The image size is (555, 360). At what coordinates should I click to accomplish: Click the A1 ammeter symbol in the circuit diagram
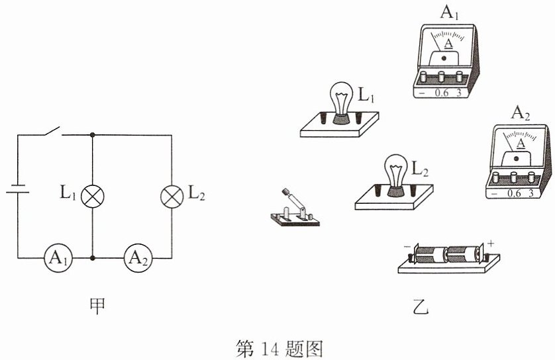point(58,258)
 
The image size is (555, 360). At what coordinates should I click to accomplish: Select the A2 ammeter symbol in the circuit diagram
point(138,258)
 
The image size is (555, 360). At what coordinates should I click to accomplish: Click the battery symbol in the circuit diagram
point(18,189)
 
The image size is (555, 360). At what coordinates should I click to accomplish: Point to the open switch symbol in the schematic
point(53,132)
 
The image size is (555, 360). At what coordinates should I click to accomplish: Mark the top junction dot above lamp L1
point(92,135)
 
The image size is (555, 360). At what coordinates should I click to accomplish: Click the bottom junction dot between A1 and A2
point(92,258)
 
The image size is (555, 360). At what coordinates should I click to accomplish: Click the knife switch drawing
point(295,209)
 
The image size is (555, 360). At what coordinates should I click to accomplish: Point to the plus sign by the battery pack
point(491,244)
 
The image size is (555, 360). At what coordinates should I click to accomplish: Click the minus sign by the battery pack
point(407,246)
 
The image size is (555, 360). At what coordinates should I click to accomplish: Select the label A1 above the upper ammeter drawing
point(449,13)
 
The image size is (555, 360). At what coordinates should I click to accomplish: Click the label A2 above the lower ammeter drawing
point(521,113)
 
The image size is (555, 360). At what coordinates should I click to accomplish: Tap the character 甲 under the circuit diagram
point(97,306)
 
